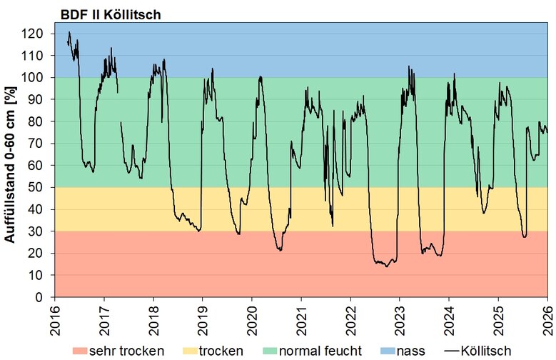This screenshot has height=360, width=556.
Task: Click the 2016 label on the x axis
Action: point(55,318)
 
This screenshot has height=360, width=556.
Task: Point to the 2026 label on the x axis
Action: point(547,318)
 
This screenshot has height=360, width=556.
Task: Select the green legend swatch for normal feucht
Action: point(266,350)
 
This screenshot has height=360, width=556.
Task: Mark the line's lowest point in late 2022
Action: point(386,266)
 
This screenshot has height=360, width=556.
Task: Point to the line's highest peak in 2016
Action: point(69,32)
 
